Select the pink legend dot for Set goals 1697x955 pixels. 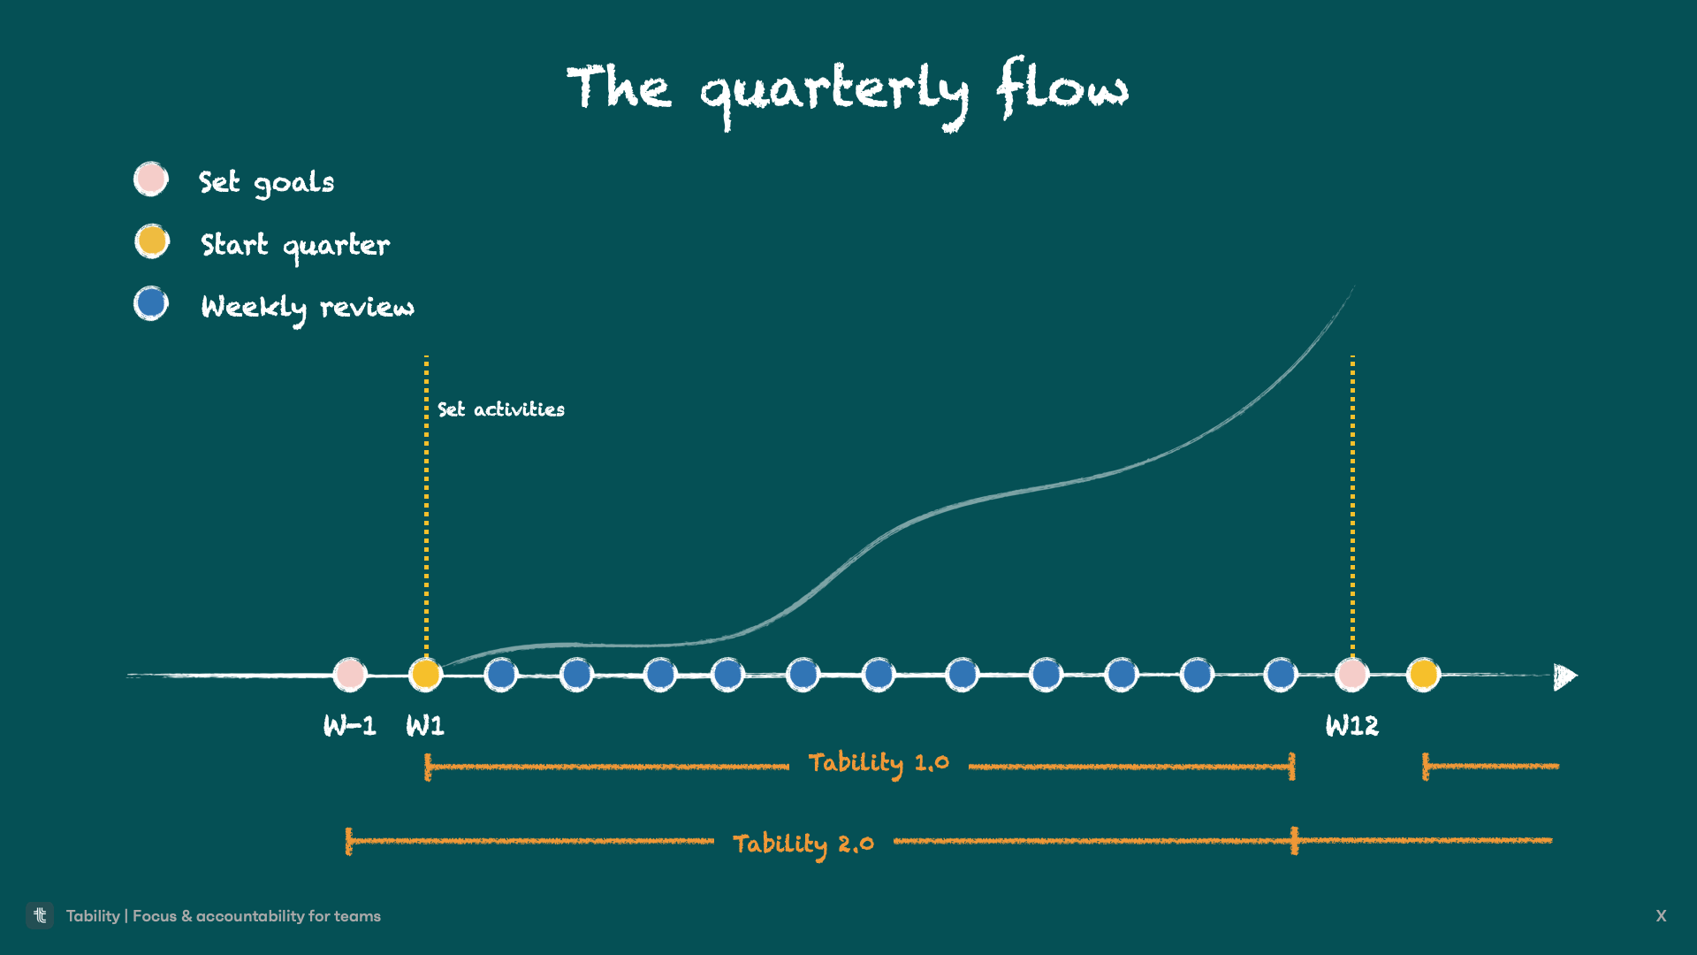tap(151, 179)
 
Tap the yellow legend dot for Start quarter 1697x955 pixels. tap(152, 241)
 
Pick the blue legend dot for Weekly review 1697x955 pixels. tap(151, 303)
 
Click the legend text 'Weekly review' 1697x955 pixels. tap(307, 307)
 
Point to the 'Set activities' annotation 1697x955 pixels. tap(500, 409)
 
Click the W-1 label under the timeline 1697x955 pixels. tap(349, 726)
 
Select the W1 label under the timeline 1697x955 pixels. tap(425, 726)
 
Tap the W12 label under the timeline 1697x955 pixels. tap(1351, 726)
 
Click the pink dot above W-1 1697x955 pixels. tap(349, 675)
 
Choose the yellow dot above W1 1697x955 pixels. tap(425, 675)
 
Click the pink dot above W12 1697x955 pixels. tap(1351, 675)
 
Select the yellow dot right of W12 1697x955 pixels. tap(1423, 675)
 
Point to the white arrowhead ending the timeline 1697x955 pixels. tap(1564, 676)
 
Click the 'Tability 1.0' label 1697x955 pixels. tap(879, 763)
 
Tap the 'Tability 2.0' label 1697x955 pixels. tap(803, 844)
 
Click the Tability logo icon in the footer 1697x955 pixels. tap(40, 915)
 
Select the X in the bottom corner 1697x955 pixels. tap(1661, 916)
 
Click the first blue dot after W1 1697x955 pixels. tap(500, 675)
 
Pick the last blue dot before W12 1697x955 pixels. tap(1280, 675)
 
